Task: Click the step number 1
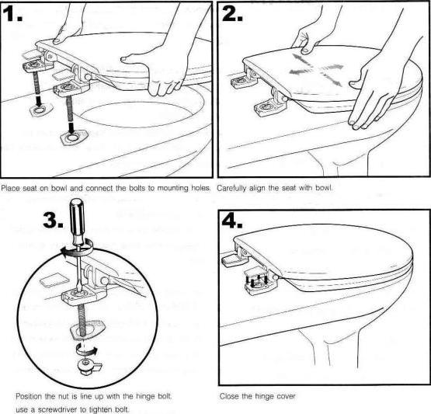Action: pyautogui.click(x=12, y=13)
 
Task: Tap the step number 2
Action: pyautogui.click(x=232, y=13)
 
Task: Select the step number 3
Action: pyautogui.click(x=53, y=220)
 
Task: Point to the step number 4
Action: pyautogui.click(x=232, y=221)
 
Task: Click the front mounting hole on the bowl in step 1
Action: pyautogui.click(x=73, y=137)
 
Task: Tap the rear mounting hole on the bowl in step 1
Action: pyautogui.click(x=40, y=110)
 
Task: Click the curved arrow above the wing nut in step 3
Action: pyautogui.click(x=86, y=349)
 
